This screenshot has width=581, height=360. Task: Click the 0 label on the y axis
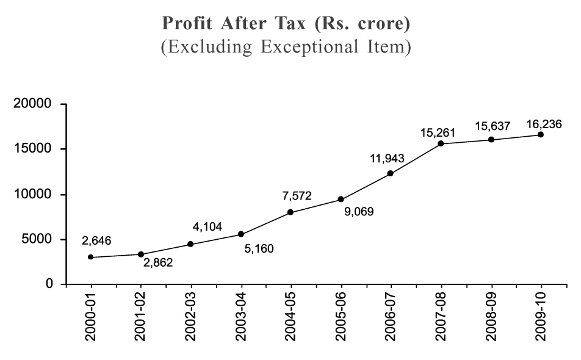pos(54,284)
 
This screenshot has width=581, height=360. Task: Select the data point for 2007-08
pos(441,143)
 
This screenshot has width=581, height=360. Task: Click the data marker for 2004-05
pos(290,212)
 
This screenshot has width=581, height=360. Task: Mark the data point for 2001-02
pos(141,254)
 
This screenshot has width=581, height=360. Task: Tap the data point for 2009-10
pos(541,134)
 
